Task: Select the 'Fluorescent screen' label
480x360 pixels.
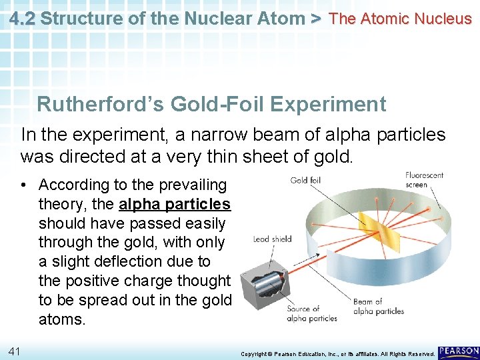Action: pyautogui.click(x=425, y=180)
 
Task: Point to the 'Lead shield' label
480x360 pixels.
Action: pyautogui.click(x=273, y=239)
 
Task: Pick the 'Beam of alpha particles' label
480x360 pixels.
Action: pyautogui.click(x=378, y=307)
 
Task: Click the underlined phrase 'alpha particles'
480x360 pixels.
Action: pyautogui.click(x=175, y=204)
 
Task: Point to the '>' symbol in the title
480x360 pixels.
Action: pyautogui.click(x=316, y=19)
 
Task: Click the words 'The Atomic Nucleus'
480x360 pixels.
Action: pyautogui.click(x=400, y=19)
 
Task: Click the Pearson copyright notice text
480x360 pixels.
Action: pyautogui.click(x=337, y=353)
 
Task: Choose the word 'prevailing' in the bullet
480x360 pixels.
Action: pyautogui.click(x=194, y=185)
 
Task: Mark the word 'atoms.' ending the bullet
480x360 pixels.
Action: pyautogui.click(x=62, y=319)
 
